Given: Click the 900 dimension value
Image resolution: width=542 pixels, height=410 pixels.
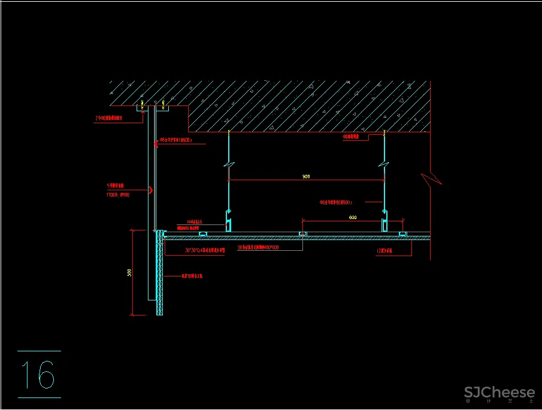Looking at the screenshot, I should pos(306,177).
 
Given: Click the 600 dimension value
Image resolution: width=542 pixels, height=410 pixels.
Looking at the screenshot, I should pos(353,217).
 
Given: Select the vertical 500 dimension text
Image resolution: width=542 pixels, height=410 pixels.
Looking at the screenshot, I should pos(129,272).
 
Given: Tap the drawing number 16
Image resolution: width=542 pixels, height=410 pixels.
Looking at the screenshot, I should pos(38,375).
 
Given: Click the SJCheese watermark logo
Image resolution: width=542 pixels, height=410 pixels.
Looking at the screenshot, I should pos(499,393).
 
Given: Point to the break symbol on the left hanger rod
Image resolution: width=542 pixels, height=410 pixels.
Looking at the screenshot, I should pos(229,164).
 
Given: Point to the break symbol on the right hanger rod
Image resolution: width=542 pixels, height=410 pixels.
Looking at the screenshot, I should pos(384,164).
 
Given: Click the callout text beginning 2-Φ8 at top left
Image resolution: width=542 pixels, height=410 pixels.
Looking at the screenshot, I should pos(109,118).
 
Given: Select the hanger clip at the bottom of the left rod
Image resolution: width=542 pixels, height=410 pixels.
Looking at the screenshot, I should pos(228,223).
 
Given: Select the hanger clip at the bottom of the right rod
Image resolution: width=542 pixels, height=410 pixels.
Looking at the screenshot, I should pos(384,223).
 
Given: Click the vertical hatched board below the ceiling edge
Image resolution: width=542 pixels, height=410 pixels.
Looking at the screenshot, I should pos(159,275).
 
